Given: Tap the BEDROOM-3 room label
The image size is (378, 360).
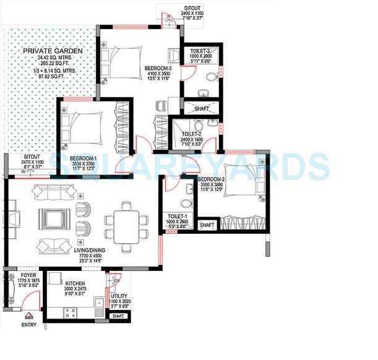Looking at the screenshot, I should pyautogui.click(x=158, y=67).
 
